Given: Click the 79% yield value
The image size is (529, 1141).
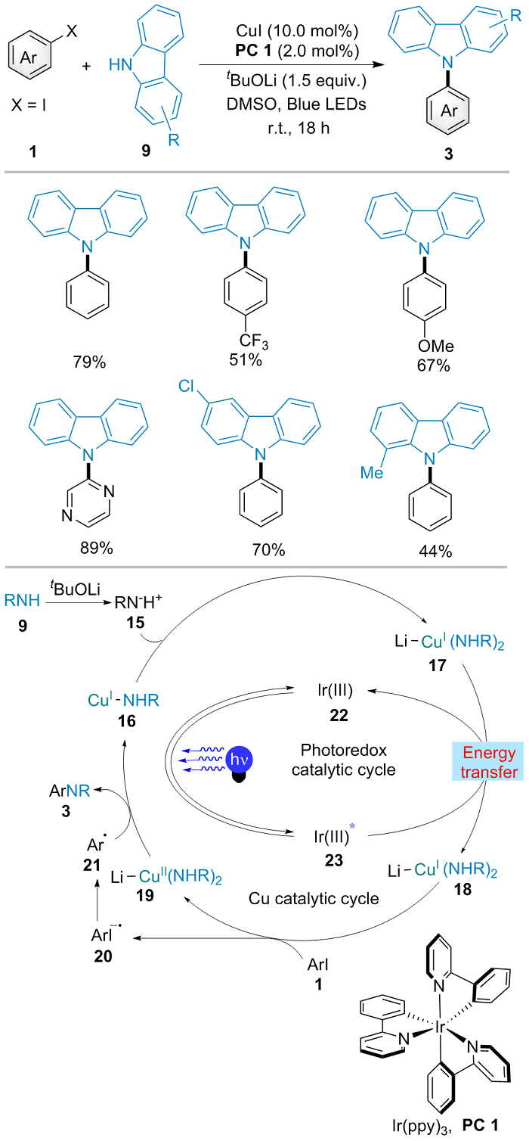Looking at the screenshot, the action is tap(89, 362).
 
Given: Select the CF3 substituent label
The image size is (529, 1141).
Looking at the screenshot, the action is tap(254, 341).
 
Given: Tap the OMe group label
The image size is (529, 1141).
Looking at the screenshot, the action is tap(435, 347).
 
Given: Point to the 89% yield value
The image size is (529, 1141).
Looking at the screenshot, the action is tap(96, 548).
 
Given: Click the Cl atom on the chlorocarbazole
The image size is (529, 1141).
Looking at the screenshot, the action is tap(186, 386).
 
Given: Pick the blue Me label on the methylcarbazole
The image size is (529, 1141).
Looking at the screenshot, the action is tap(371, 473).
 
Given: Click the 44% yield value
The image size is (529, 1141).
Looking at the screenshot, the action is tap(435, 551).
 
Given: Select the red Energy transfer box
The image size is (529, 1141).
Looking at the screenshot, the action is tap(487, 761).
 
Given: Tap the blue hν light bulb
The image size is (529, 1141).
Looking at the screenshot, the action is tap(239, 763).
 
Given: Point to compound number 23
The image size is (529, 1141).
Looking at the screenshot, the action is tap(334, 860).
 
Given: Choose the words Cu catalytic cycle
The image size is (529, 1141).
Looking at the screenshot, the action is tap(314, 898).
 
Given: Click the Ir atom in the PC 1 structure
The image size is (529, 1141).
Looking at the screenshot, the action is tap(440, 1028).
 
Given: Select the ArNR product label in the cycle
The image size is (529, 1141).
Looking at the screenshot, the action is tap(70, 791).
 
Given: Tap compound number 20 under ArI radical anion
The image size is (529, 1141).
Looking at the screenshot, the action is tap(103, 956).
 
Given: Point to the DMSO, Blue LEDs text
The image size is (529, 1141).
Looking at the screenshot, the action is tap(296, 104).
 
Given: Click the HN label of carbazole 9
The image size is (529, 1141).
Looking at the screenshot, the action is tap(121, 64).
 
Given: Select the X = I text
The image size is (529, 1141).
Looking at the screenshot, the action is tap(29, 105).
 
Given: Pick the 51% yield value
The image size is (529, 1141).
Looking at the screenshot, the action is tap(245, 360).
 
